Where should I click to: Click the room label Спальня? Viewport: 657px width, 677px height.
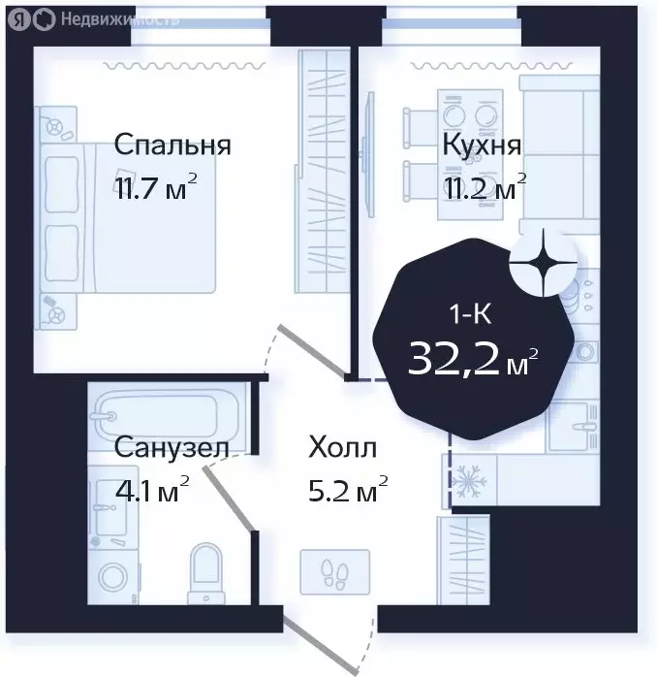[x=172, y=145]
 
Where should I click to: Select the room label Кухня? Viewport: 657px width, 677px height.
[x=482, y=145]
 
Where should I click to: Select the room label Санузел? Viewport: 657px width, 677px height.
[x=172, y=448]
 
